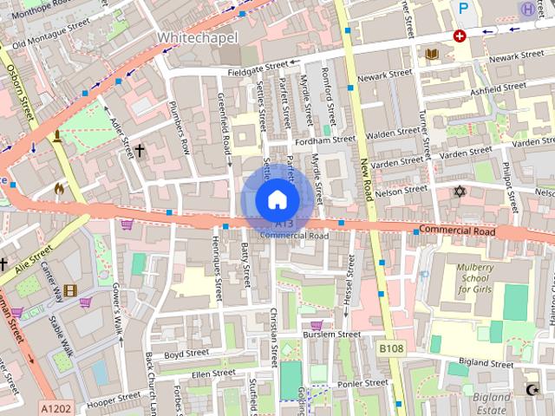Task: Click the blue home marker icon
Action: point(276,199)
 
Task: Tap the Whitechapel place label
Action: point(193,38)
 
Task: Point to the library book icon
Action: point(431,54)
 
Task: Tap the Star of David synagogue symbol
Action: point(460,190)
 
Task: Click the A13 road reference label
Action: point(284,224)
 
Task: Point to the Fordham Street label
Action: point(325,139)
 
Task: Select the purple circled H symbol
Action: point(526,8)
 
